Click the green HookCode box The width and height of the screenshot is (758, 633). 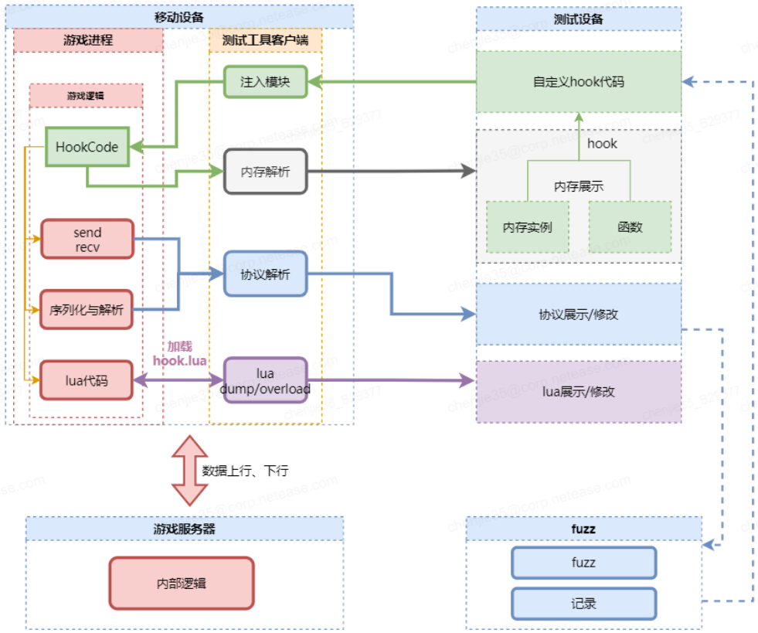(87, 147)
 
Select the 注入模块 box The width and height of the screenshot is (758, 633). (265, 82)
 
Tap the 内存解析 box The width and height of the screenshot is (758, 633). (265, 172)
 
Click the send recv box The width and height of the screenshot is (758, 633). (87, 239)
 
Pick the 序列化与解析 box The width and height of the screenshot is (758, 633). (87, 311)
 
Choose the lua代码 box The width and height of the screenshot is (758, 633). (87, 380)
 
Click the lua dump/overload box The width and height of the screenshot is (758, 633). (265, 381)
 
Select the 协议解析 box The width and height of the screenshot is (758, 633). (265, 274)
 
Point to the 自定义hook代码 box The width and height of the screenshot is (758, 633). (578, 82)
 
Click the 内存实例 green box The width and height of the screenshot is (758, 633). (527, 227)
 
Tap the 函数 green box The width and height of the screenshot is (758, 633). (630, 227)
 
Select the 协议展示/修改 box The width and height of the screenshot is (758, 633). (578, 315)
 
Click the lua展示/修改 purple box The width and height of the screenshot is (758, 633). (578, 392)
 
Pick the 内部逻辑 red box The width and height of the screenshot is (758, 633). (182, 584)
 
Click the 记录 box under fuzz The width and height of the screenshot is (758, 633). (583, 604)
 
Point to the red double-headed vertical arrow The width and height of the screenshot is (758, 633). (189, 470)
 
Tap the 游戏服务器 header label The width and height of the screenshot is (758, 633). (184, 529)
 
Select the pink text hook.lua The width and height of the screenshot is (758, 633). (179, 360)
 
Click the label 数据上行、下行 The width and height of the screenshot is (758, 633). (245, 471)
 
